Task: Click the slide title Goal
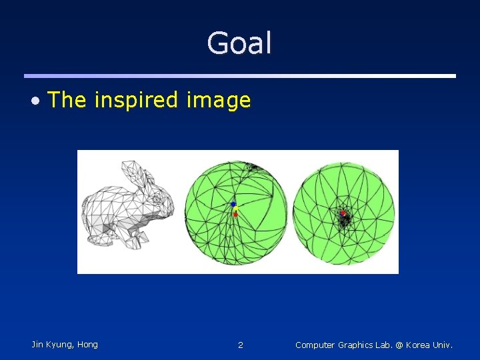pos(239,44)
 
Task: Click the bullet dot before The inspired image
pos(37,101)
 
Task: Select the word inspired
pos(137,101)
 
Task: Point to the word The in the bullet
pos(67,100)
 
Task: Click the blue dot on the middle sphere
pos(233,204)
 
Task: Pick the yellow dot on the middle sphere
pos(235,209)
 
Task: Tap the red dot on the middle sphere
pos(235,215)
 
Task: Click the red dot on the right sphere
pos(343,213)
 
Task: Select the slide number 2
pos(241,345)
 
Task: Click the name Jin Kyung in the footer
pos(54,345)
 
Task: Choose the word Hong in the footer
pos(87,345)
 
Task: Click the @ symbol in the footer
pos(399,345)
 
